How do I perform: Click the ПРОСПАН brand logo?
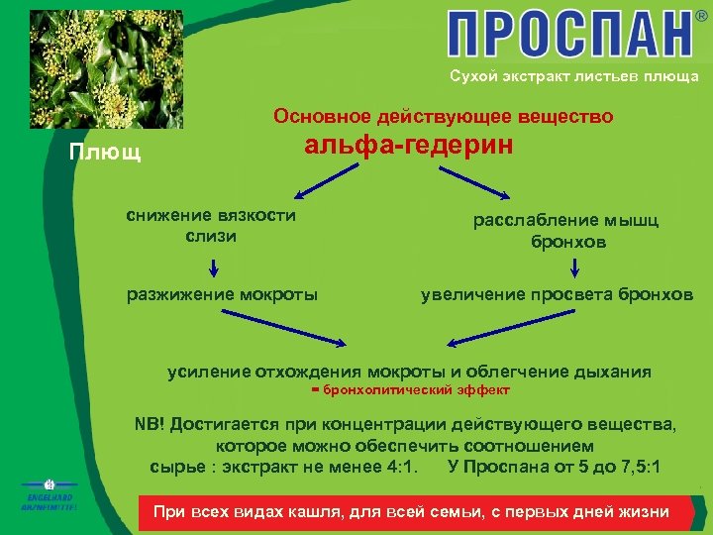click(568, 35)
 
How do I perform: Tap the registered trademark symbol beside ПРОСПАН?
click(701, 17)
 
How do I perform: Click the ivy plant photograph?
click(106, 65)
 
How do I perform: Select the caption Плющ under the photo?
click(104, 154)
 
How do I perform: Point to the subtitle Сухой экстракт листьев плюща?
click(573, 76)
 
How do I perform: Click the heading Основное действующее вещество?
click(443, 117)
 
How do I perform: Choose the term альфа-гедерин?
click(409, 146)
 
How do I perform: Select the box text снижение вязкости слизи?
click(211, 226)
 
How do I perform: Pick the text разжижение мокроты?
click(223, 293)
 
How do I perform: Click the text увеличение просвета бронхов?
click(557, 294)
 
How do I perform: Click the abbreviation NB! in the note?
click(150, 425)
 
